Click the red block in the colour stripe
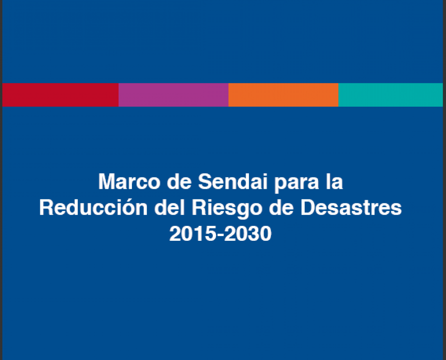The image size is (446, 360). click(x=60, y=95)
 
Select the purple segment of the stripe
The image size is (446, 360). click(x=173, y=95)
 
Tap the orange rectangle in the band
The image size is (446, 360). click(x=283, y=95)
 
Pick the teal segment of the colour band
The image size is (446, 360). click(x=390, y=95)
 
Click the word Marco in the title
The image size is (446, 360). click(x=129, y=181)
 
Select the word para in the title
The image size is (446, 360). click(x=297, y=183)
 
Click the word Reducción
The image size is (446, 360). click(x=93, y=207)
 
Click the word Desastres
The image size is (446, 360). click(x=351, y=208)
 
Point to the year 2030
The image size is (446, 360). click(x=248, y=234)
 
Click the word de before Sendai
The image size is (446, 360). click(x=179, y=181)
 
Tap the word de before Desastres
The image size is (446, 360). click(x=281, y=208)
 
